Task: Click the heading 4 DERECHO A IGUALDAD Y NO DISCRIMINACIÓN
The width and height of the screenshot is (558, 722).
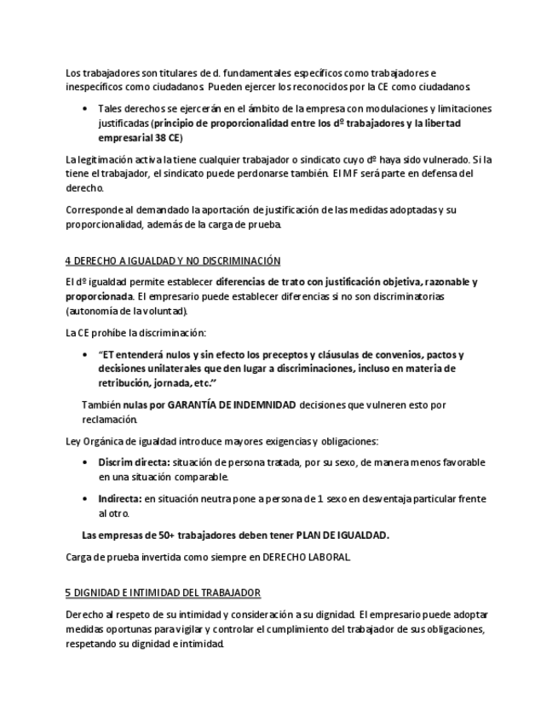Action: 173,260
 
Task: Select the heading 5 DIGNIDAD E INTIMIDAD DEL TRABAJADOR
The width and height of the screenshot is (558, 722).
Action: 164,592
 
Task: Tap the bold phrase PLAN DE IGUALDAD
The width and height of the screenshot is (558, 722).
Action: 342,535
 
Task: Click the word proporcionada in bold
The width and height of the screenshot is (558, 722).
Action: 98,296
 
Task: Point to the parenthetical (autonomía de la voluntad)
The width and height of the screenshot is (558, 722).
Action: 126,311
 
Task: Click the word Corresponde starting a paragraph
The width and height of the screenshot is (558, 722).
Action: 95,210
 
